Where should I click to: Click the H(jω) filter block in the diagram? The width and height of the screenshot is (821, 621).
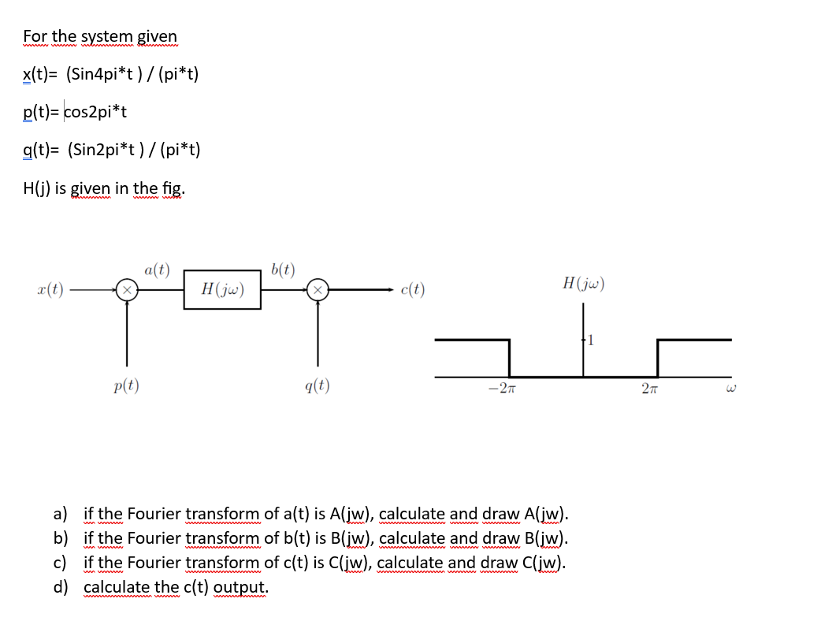222,290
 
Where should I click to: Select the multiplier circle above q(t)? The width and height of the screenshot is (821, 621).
318,290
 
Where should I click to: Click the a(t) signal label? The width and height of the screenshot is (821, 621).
157,270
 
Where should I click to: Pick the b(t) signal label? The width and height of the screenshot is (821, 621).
283,269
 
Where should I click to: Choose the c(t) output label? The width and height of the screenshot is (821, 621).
412,289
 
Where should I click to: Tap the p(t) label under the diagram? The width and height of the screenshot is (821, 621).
126,385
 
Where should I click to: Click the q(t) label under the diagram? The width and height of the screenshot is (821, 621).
317,385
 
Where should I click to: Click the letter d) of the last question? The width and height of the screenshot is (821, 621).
60,587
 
